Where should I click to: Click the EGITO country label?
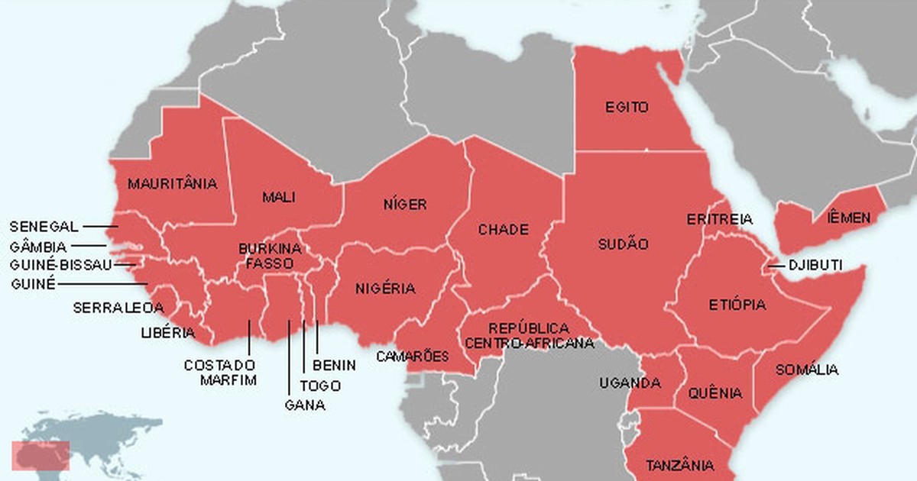coord(627,107)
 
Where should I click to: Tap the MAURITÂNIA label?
coord(173,184)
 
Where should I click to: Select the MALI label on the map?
coord(279,198)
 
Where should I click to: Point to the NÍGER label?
coord(405,205)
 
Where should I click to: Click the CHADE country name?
coord(503,230)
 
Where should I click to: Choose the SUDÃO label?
coord(623,244)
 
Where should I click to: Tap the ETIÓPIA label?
coord(737,305)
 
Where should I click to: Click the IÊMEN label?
coord(848,218)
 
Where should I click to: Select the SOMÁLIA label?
coord(806,370)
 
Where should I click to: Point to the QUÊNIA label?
coord(714,394)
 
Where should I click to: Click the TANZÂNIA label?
coord(680,465)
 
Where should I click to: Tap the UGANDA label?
coord(630,383)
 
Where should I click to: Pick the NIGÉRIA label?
coord(385,289)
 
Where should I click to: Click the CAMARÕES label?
coord(413,357)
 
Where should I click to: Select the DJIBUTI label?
coord(815,266)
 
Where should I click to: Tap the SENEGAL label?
coord(44,227)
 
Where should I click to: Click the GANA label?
coord(304,405)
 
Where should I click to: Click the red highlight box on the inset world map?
coord(41,456)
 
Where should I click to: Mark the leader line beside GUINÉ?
coord(103,284)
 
